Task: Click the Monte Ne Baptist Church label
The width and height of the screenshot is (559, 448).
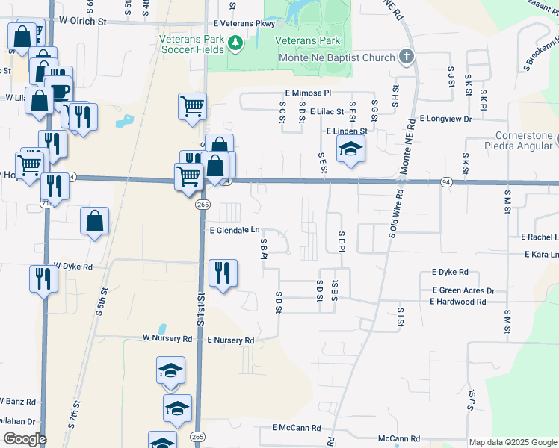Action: pos(336,57)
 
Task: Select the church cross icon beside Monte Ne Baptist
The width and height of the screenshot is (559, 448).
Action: pos(406,56)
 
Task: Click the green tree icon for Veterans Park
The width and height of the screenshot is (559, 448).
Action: pos(237,43)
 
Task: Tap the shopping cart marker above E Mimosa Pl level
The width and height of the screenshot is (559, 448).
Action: pos(192,106)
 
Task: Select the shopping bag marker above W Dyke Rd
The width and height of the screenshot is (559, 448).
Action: pos(95,220)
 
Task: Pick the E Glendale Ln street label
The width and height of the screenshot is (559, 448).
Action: pos(235,231)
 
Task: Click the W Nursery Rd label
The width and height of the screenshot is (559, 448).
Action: pos(167,338)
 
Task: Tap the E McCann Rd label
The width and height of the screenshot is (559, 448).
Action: pos(296,428)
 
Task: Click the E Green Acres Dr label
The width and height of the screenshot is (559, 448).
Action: pos(463,290)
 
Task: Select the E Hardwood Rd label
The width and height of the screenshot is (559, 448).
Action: pos(457,302)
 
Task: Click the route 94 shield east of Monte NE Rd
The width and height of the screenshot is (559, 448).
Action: pos(446,182)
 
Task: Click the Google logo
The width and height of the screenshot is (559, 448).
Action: pos(24,439)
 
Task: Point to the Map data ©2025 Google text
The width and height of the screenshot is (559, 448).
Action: pos(512,442)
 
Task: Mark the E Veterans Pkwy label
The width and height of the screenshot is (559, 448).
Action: pos(244,24)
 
